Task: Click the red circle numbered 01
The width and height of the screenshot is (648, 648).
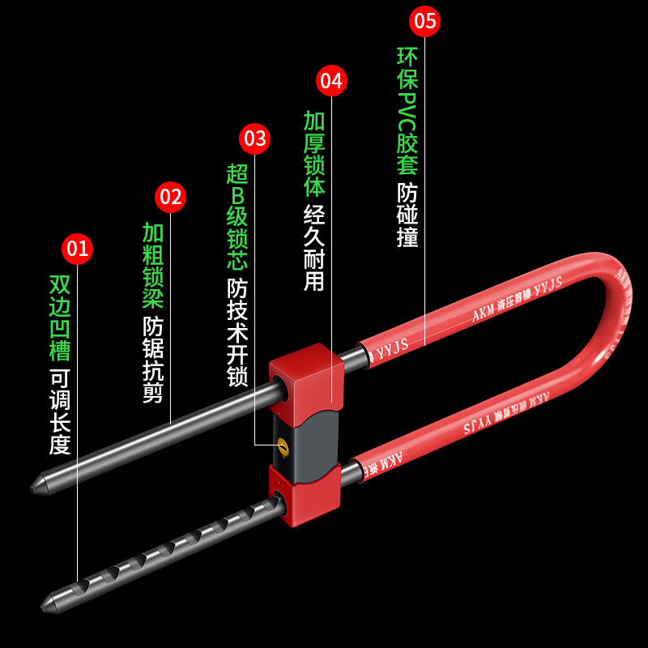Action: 78,249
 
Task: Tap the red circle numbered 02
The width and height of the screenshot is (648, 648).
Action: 171,197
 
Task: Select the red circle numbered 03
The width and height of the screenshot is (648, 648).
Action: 255,139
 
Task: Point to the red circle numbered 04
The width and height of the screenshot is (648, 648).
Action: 331,81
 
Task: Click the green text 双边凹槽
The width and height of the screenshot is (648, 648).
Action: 61,317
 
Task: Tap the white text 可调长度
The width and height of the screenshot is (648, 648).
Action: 61,411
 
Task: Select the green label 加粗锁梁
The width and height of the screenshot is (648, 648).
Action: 153,266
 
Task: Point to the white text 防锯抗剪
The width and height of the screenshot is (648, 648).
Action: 153,360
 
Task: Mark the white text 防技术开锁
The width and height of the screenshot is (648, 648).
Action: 237,332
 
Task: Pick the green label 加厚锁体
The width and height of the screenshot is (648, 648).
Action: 314,154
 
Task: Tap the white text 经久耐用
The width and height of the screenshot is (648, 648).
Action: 314,248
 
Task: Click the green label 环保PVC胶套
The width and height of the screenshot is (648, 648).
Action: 407,111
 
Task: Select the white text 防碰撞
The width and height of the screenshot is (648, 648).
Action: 407,215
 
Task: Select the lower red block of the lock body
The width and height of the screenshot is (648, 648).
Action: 304,495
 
